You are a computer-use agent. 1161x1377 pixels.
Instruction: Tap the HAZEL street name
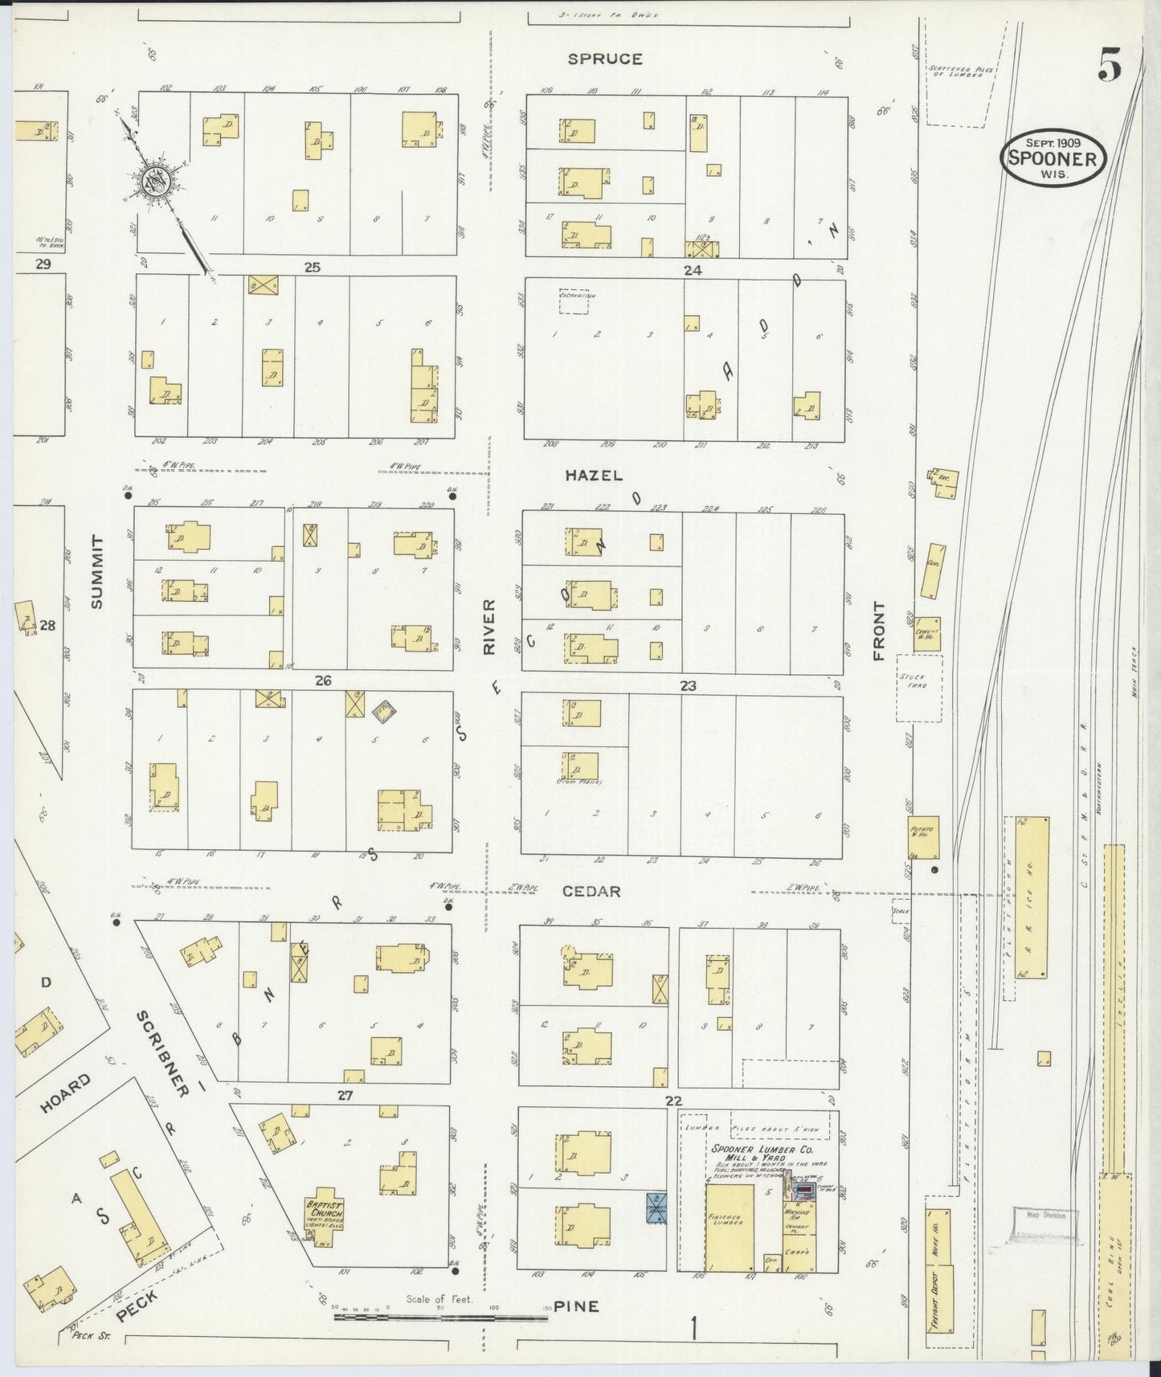(594, 476)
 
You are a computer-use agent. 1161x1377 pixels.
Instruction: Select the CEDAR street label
(591, 892)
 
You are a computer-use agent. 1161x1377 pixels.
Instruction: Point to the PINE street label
(576, 1306)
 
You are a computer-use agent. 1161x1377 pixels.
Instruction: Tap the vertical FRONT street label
(879, 632)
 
